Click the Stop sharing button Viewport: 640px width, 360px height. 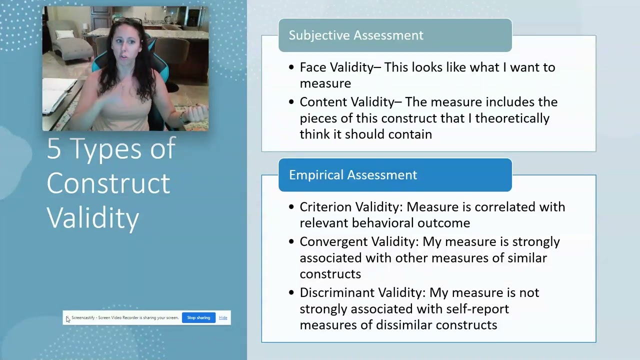[198, 317]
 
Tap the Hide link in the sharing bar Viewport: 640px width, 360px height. [223, 317]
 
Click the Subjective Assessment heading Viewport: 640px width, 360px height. [356, 35]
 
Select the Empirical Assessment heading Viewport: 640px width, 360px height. [353, 175]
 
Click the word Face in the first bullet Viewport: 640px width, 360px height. [311, 67]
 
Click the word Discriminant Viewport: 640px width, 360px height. [336, 292]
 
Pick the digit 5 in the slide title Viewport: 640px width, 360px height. [53, 149]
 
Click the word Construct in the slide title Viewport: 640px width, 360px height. [108, 183]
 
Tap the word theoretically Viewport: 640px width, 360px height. [512, 118]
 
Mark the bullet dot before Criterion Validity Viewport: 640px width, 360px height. [291, 207]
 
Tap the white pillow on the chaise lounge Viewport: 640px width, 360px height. [65, 35]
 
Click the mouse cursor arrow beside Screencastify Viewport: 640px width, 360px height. [67, 319]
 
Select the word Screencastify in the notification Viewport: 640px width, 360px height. [83, 317]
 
